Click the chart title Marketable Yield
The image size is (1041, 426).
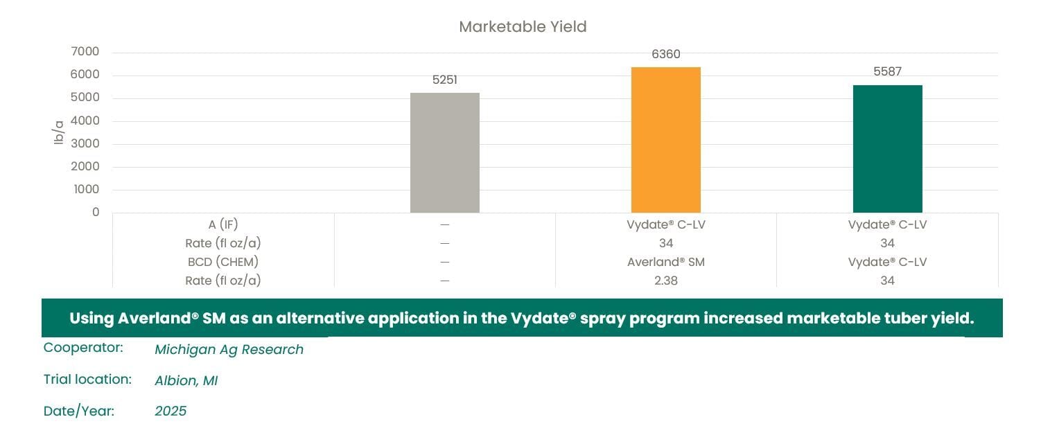point(523,27)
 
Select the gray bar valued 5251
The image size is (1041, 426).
point(444,152)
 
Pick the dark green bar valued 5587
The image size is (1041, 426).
point(887,149)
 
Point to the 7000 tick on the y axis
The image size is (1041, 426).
point(86,52)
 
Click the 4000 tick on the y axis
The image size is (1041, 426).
point(86,121)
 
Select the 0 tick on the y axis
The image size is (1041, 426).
point(96,212)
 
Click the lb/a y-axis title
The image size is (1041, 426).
point(59,132)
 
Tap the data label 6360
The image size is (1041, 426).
point(665,54)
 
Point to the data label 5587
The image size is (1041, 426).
point(887,71)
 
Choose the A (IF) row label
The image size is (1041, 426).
point(223,224)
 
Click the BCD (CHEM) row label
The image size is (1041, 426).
point(223,262)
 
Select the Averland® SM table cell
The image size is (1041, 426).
point(665,262)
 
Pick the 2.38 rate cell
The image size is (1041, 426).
point(665,281)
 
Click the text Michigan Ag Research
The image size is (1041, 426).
point(229,350)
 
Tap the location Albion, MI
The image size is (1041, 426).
point(186,380)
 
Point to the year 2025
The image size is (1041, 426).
point(170,411)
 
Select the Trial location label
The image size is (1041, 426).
point(87,380)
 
